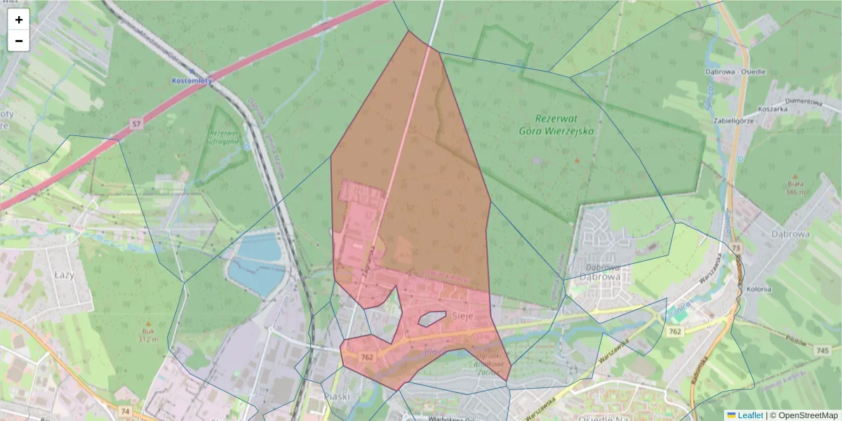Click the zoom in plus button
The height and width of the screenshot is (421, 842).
tap(19, 20)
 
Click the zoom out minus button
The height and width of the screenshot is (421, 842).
tap(19, 41)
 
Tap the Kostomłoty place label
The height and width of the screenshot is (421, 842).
tap(192, 81)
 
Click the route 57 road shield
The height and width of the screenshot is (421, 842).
tap(135, 124)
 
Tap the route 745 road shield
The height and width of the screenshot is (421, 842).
tap(823, 349)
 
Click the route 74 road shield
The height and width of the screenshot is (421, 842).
tap(126, 411)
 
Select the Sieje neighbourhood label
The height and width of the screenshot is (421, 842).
tap(463, 316)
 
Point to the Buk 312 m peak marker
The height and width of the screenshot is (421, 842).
tap(147, 323)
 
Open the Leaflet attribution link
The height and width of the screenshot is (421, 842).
tap(749, 415)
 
